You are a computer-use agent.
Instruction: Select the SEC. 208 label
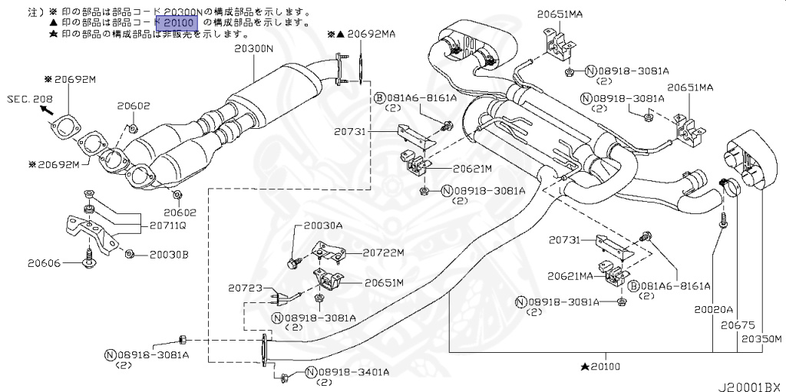[x=30, y=99]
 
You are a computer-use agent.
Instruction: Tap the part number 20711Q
[x=167, y=226]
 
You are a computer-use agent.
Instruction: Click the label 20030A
[x=323, y=226]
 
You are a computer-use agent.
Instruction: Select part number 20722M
[x=383, y=251]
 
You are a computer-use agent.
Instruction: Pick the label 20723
[x=246, y=288]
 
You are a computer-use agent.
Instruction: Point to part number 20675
[x=734, y=326]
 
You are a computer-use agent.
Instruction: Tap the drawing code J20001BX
[x=748, y=385]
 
